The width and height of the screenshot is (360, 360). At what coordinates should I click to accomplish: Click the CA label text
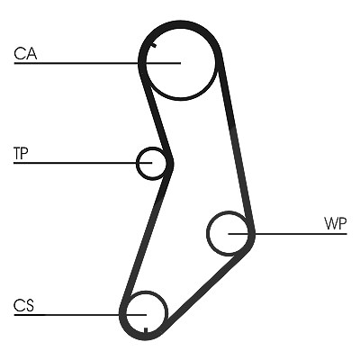coord(25,53)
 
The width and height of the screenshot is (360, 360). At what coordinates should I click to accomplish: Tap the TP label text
coord(21,153)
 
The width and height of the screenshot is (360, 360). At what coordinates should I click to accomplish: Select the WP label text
coord(336,223)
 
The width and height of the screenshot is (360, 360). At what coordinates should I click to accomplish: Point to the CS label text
coord(24,305)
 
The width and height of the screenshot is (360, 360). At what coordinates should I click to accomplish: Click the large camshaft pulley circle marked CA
coord(181,99)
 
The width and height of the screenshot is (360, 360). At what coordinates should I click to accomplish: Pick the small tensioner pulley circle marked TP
coord(137,164)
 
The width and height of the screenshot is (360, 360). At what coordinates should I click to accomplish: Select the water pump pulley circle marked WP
coord(207,233)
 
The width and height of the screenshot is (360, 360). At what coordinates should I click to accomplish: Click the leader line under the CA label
coord(97,63)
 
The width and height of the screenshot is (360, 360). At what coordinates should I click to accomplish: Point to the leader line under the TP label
coord(83,163)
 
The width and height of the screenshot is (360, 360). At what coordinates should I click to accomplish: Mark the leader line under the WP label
coord(287,233)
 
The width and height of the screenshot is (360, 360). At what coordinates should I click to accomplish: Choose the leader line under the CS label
coord(80,315)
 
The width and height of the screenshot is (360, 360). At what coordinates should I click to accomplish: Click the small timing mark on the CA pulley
coord(154,46)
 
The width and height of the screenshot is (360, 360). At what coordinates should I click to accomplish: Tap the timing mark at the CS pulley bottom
coord(146,330)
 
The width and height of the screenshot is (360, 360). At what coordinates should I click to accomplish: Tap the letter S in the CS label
coord(30,305)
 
